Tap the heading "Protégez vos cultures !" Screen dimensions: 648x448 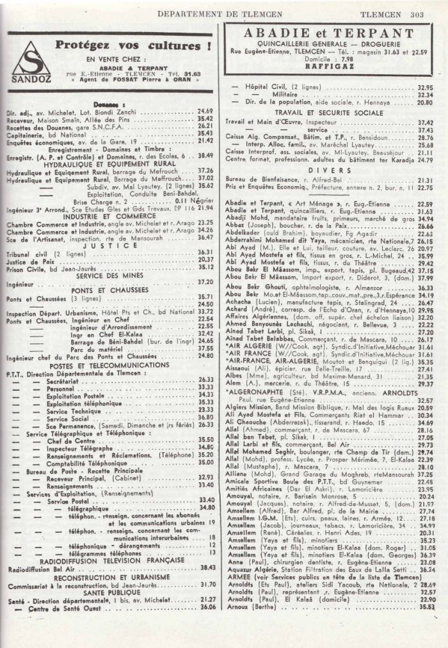tap(133, 46)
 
